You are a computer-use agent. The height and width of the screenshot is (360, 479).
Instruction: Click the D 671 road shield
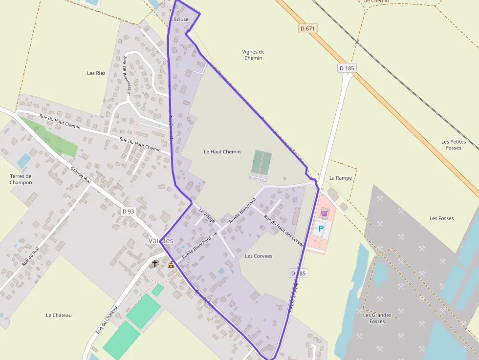[308, 28]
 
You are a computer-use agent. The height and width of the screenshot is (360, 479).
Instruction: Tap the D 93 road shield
[128, 211]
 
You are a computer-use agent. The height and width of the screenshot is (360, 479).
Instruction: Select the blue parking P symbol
[321, 229]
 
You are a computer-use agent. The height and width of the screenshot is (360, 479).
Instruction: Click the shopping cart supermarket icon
[324, 213]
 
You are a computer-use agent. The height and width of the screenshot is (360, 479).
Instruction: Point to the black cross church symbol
[155, 264]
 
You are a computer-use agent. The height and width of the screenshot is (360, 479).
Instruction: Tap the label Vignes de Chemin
[253, 55]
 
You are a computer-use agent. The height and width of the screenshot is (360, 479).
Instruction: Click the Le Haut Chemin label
[222, 151]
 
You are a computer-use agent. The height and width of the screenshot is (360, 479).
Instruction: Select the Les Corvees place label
[259, 256]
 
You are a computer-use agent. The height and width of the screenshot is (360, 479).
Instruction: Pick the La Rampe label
[340, 178]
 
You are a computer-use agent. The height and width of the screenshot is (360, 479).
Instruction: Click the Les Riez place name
[96, 73]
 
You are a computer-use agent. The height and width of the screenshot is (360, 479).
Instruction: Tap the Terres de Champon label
[21, 179]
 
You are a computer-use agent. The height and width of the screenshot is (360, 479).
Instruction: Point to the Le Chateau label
[59, 315]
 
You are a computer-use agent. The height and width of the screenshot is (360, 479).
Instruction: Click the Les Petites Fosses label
[454, 145]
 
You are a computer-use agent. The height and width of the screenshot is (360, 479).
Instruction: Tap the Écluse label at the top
[181, 20]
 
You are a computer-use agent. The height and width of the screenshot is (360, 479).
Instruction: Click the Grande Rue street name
[81, 175]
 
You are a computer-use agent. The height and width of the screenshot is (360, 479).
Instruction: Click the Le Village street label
[207, 216]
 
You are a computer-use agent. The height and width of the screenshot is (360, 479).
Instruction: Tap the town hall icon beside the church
[171, 264]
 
